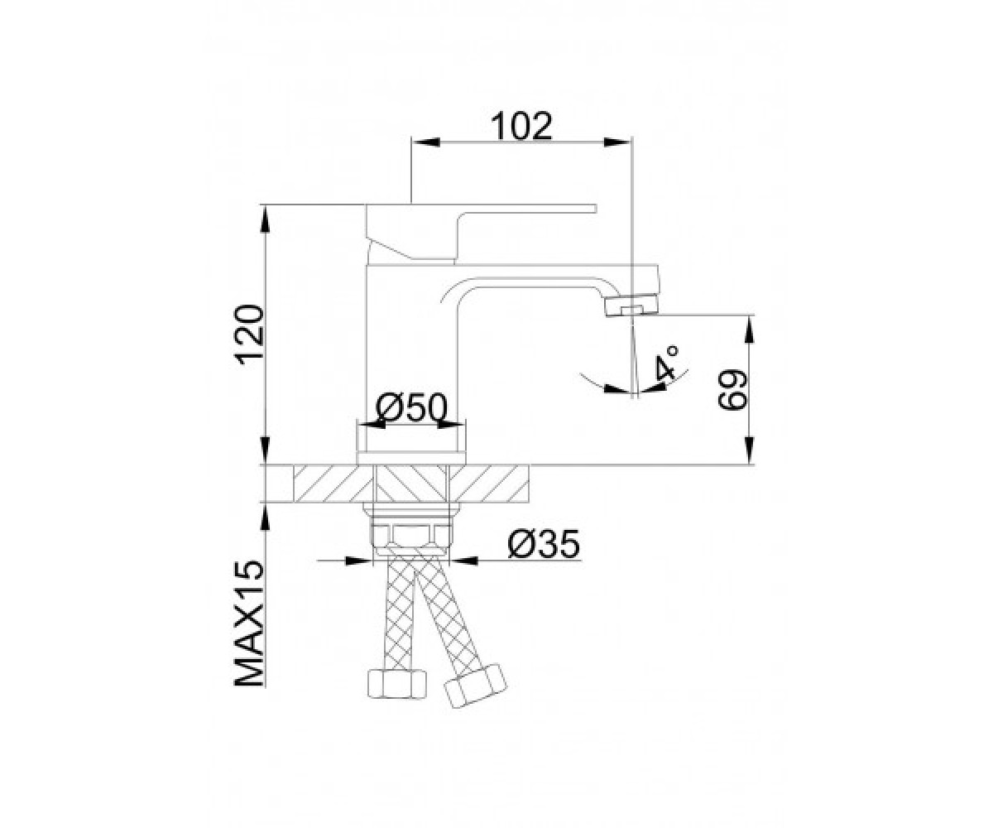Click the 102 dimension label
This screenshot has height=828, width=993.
tap(521, 127)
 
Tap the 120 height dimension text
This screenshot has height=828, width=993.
tap(249, 335)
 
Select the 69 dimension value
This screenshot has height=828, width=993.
tap(732, 389)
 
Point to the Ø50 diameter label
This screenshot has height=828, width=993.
tap(412, 408)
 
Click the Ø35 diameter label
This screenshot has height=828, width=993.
tap(544, 544)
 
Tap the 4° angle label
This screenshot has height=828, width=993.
tap(667, 363)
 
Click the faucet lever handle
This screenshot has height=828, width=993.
tap(480, 233)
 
